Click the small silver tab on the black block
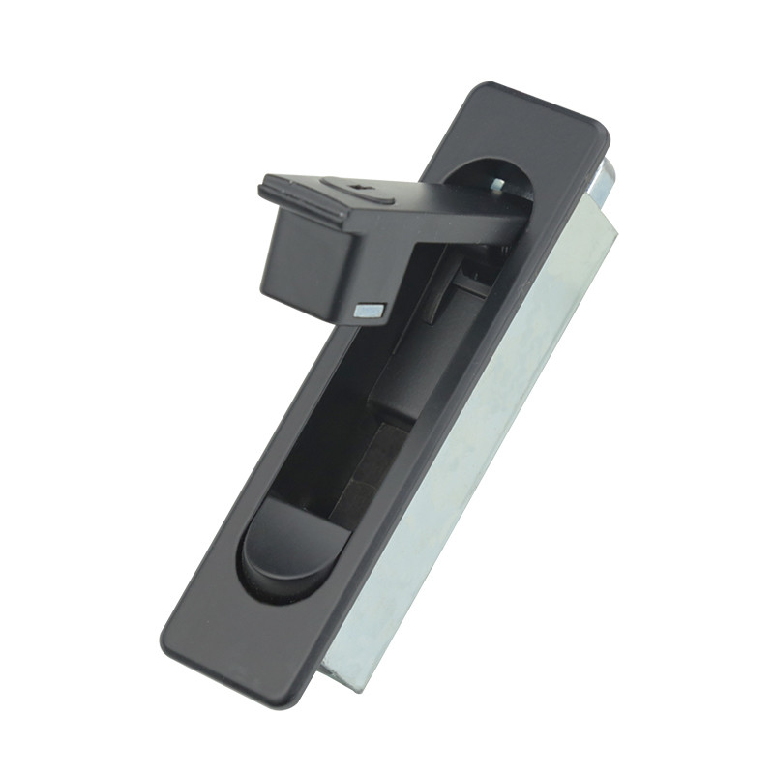point(370,311)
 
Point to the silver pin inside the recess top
point(497,184)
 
